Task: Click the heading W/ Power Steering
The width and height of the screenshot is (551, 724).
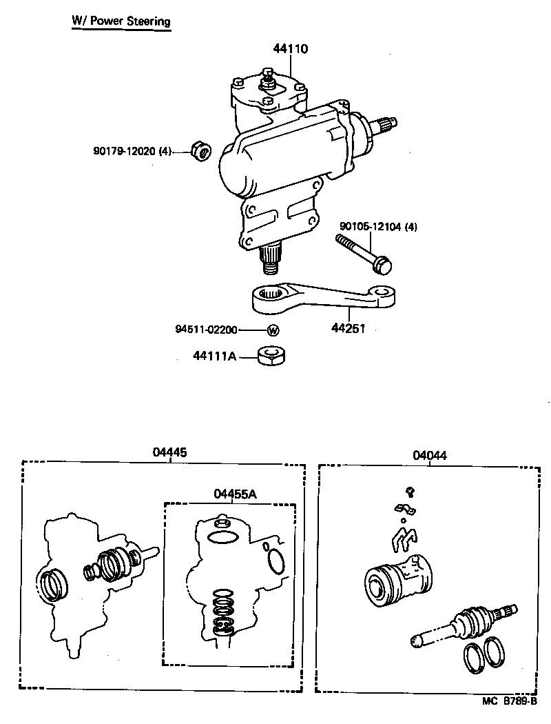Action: pyautogui.click(x=121, y=21)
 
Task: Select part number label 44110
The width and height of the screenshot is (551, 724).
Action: pyautogui.click(x=291, y=49)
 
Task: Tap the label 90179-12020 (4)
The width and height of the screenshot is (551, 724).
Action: pyautogui.click(x=132, y=150)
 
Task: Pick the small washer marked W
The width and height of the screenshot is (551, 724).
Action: pyautogui.click(x=273, y=330)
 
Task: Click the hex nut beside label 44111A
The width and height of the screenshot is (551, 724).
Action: pyautogui.click(x=271, y=356)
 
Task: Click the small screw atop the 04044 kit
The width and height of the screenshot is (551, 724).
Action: pyautogui.click(x=409, y=491)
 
